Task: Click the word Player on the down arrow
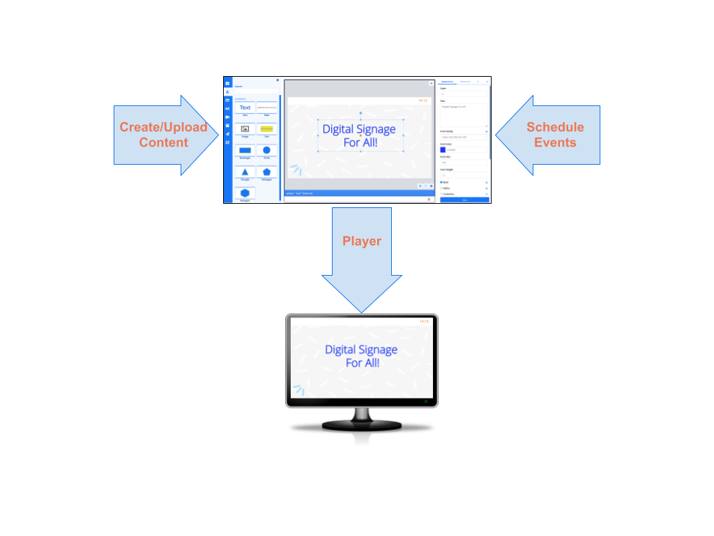coord(361,241)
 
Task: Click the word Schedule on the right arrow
coord(555,127)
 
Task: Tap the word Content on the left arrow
coord(163,142)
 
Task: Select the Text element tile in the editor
coord(245,107)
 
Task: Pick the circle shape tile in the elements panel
coord(266,150)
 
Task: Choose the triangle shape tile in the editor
coord(245,172)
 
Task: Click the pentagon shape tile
coord(266,172)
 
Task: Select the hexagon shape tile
coord(245,193)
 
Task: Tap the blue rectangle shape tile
coord(245,150)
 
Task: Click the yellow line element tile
coord(266,129)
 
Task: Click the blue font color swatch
coord(443,149)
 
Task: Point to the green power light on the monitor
coord(426,401)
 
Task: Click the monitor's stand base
coord(361,423)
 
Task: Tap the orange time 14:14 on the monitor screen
coord(424,321)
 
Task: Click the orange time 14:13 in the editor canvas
coord(423,100)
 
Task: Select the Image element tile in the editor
coord(245,129)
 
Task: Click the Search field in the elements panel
coord(255,91)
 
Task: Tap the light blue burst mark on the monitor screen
coord(298,390)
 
